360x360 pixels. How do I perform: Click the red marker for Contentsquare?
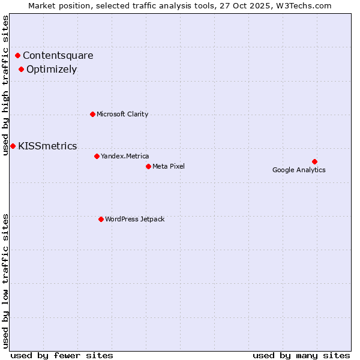coord(18,56)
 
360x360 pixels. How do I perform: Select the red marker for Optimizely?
coord(21,69)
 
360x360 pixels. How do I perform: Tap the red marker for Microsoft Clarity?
coord(92,114)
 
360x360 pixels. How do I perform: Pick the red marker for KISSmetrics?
coord(13,146)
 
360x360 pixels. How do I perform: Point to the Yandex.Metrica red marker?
coord(97,156)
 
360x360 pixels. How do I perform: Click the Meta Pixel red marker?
coord(148,166)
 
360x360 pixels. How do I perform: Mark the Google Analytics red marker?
coord(314,161)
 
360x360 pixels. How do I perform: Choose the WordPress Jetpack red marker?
coord(101,219)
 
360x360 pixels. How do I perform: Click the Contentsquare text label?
coord(58,56)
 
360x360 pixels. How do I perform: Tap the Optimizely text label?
coord(52,69)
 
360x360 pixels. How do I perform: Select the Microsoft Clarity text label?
coord(122,114)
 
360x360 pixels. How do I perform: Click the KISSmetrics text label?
coord(47,146)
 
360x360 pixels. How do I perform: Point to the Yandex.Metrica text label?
coord(125,156)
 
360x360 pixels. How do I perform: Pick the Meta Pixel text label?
coord(169,166)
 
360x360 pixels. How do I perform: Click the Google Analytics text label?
coord(299,170)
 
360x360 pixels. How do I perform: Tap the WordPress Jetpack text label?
coord(134,219)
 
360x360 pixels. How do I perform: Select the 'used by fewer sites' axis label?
coord(62,355)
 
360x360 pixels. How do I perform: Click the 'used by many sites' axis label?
coord(301,355)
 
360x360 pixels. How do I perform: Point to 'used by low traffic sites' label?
coord(6,280)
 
